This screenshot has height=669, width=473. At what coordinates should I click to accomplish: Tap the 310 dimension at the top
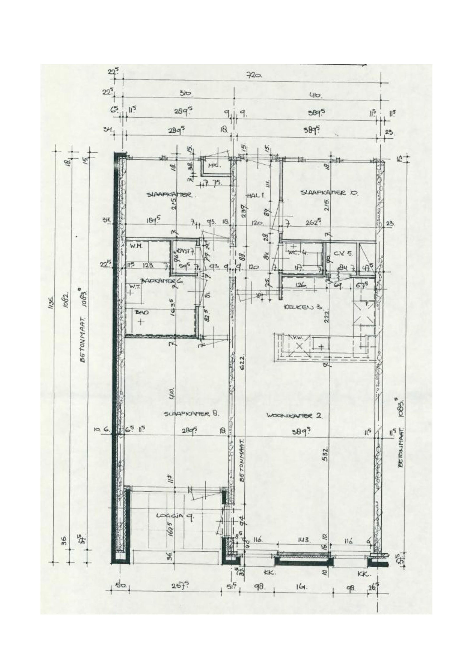(185, 94)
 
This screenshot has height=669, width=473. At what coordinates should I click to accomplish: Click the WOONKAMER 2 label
(294, 416)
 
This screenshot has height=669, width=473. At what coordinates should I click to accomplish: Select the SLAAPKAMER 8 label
(191, 413)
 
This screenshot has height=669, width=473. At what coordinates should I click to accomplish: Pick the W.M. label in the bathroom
(136, 246)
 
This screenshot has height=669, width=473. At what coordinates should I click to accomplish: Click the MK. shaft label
(215, 166)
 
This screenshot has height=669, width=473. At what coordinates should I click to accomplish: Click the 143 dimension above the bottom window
(304, 540)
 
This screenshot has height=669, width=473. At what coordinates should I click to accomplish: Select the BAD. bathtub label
(142, 312)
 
